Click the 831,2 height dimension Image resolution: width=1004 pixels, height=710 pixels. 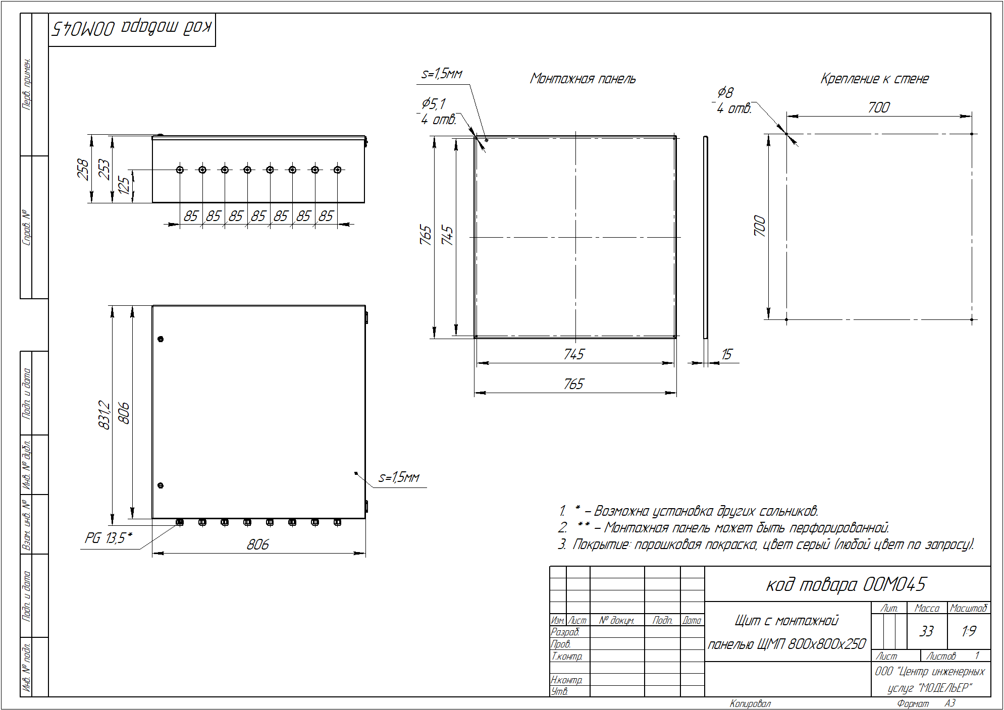[x=104, y=415]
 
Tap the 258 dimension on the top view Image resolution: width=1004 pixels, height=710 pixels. [x=83, y=169]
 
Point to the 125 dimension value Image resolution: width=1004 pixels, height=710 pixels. [x=124, y=185]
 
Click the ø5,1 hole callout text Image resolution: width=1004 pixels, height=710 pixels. [x=434, y=103]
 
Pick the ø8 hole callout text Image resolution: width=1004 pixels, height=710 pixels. [x=725, y=92]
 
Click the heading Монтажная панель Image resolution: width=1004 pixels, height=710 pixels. [x=583, y=79]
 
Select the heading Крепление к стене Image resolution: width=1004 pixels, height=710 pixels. [x=874, y=79]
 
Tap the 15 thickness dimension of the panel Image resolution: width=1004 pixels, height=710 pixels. [x=726, y=354]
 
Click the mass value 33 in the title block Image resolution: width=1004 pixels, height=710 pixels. [x=926, y=631]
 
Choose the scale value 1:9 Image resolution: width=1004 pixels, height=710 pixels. [x=969, y=631]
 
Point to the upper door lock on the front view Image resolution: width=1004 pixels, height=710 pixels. [x=161, y=339]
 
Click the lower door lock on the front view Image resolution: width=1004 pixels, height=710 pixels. [x=161, y=485]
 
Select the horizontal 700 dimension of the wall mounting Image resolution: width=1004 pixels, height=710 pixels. [x=879, y=107]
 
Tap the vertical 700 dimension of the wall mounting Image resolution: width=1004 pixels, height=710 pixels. [x=760, y=226]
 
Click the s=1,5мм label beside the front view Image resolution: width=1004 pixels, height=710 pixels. [x=399, y=477]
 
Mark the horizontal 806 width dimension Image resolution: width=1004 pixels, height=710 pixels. [x=258, y=544]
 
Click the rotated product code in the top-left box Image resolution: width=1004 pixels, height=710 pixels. [x=132, y=28]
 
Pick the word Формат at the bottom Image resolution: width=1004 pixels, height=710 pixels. [x=913, y=703]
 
